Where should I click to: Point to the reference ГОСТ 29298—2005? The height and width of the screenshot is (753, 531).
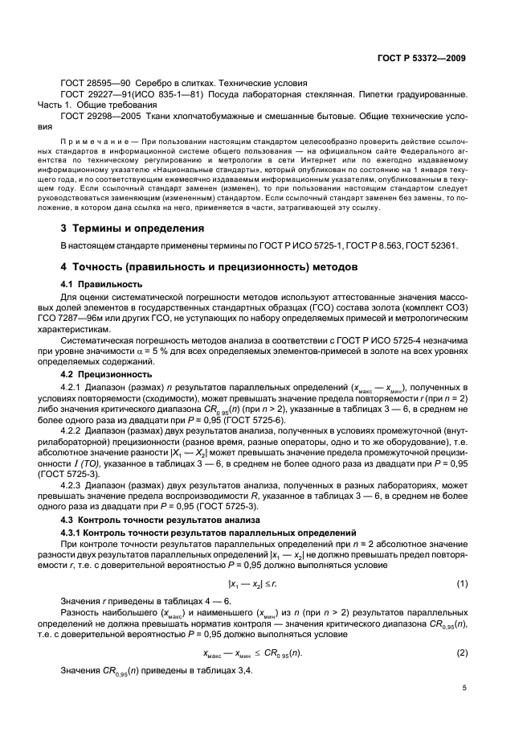(96, 117)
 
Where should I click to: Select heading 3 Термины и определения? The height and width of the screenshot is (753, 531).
(133, 228)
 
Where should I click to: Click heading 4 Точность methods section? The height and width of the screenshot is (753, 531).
(203, 266)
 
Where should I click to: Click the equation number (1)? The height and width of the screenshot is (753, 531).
(462, 582)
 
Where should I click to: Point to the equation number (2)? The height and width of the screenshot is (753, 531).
(462, 652)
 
